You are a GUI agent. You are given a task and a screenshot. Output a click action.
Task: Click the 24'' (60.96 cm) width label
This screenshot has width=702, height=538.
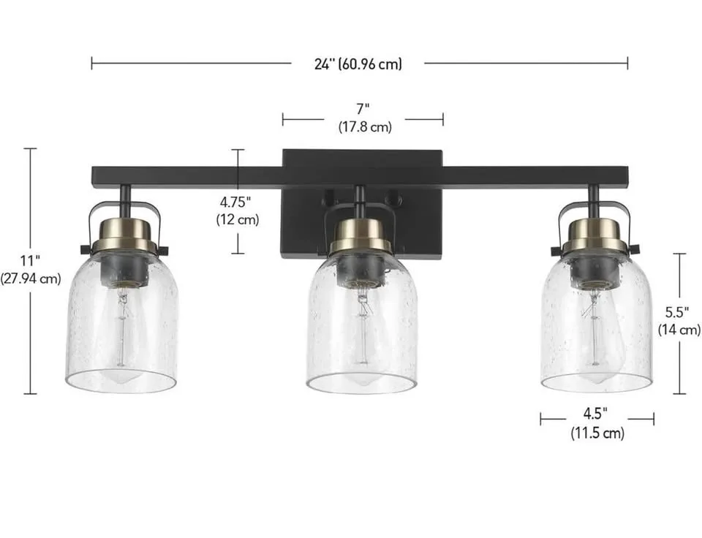[x=358, y=64]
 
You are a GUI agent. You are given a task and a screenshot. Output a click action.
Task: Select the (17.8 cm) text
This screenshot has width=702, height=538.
[x=364, y=127]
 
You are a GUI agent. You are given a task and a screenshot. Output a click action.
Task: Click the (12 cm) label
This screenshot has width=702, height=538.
[x=237, y=219]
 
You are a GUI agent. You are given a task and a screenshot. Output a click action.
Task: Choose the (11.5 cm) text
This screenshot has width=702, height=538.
[x=597, y=433]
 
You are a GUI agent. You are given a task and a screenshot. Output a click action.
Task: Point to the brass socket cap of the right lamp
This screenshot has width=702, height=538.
[x=594, y=234]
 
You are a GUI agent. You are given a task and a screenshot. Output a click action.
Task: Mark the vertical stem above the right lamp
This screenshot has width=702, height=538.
[x=593, y=197]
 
